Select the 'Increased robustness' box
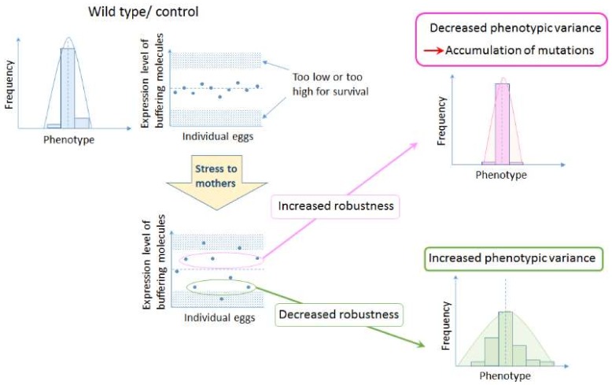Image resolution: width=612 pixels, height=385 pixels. click(x=336, y=207)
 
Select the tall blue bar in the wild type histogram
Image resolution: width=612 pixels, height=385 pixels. click(x=68, y=87)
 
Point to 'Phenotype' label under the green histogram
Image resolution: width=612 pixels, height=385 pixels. click(x=504, y=376)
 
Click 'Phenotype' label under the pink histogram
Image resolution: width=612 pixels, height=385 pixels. click(x=501, y=175)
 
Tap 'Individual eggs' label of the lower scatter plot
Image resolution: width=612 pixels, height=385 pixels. click(x=215, y=318)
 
